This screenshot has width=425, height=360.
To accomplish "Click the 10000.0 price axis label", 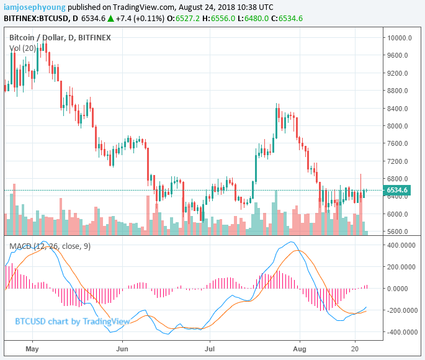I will [x=400, y=37].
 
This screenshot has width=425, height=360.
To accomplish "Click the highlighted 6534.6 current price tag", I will [x=397, y=190].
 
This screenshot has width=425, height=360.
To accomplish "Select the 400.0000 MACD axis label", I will [x=401, y=245].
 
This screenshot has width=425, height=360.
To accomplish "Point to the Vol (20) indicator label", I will [x=24, y=48].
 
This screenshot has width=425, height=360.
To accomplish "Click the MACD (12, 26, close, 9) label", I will [x=50, y=246].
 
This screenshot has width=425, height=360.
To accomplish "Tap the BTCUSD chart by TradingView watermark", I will [x=72, y=321].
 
